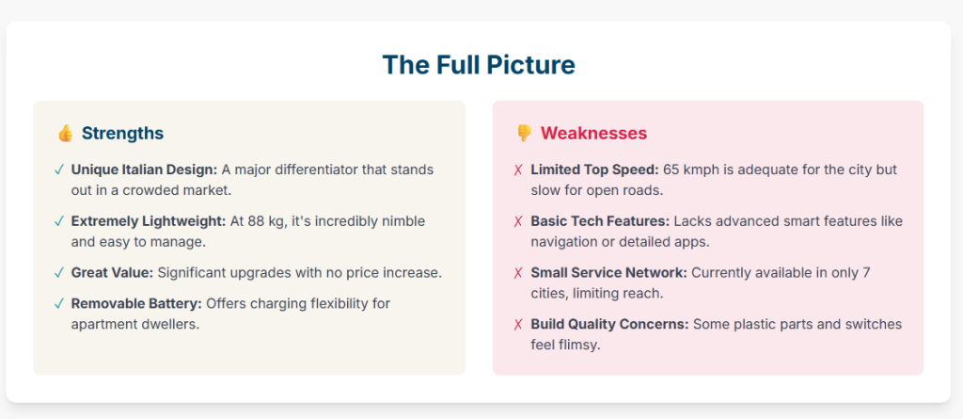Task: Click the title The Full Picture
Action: point(479,65)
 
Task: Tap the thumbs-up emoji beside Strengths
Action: point(65,133)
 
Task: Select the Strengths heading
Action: point(123,134)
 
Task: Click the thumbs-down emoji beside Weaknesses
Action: point(524,133)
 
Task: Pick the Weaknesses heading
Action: point(594,134)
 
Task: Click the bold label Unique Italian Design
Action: point(144,169)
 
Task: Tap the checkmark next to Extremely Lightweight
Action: point(59,221)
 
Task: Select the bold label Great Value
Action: point(113,272)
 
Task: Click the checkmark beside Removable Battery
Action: point(59,304)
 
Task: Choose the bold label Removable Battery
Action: point(137,303)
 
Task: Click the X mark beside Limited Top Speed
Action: point(518,170)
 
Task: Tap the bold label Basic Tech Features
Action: point(600,221)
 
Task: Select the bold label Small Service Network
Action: point(609,272)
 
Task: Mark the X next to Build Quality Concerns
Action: point(518,325)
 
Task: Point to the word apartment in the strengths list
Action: point(101,324)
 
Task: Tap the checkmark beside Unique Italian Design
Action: point(59,170)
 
